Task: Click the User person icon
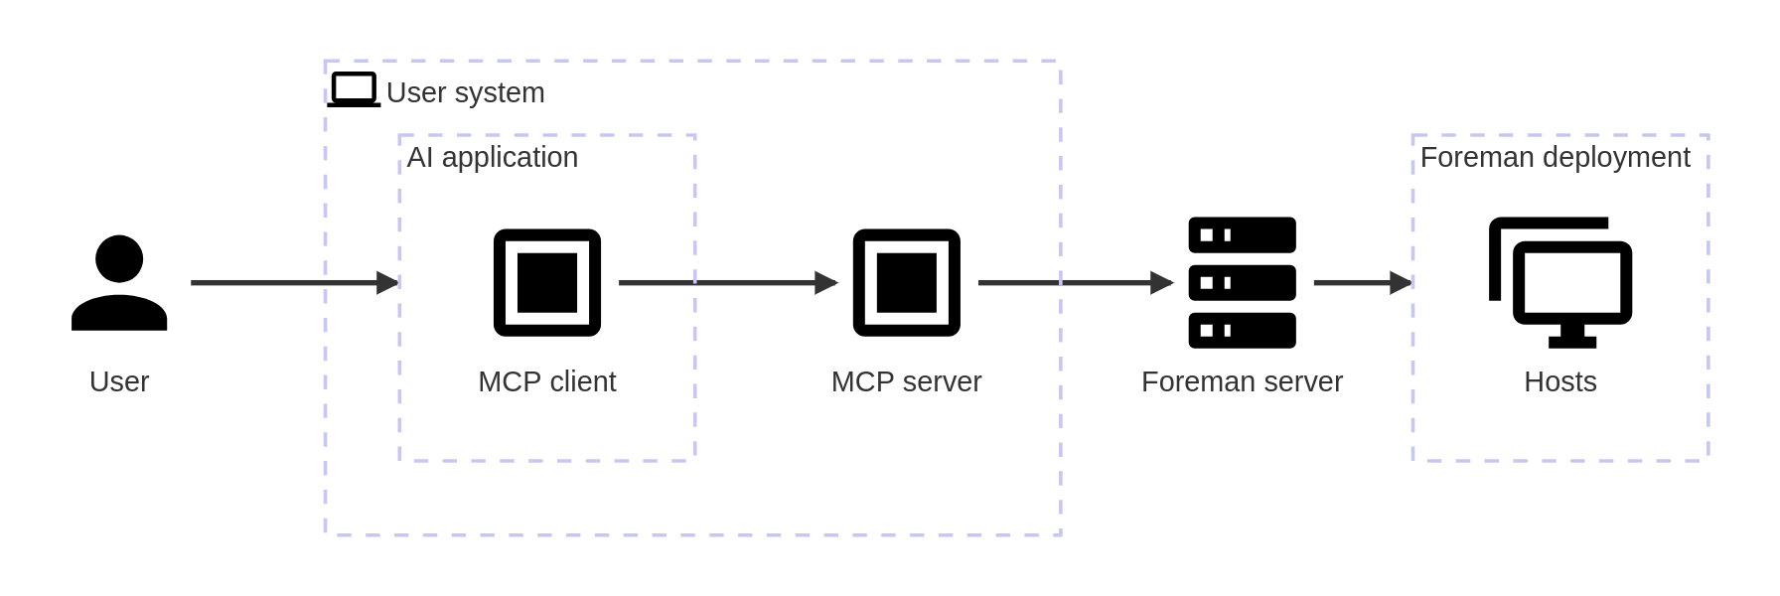click(119, 283)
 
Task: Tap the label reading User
click(119, 381)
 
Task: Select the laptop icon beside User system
click(354, 89)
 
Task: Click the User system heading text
click(465, 92)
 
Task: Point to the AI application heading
click(492, 157)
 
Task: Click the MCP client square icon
click(547, 283)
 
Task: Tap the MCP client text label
click(547, 381)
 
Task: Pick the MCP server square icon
click(906, 283)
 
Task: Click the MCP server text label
click(906, 381)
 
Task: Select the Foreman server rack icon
click(1242, 283)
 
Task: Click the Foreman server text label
click(1242, 381)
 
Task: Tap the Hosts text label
click(1560, 381)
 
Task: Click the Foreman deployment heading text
click(1555, 157)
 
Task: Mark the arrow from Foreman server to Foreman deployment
click(1361, 283)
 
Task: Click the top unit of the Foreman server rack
click(1242, 235)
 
